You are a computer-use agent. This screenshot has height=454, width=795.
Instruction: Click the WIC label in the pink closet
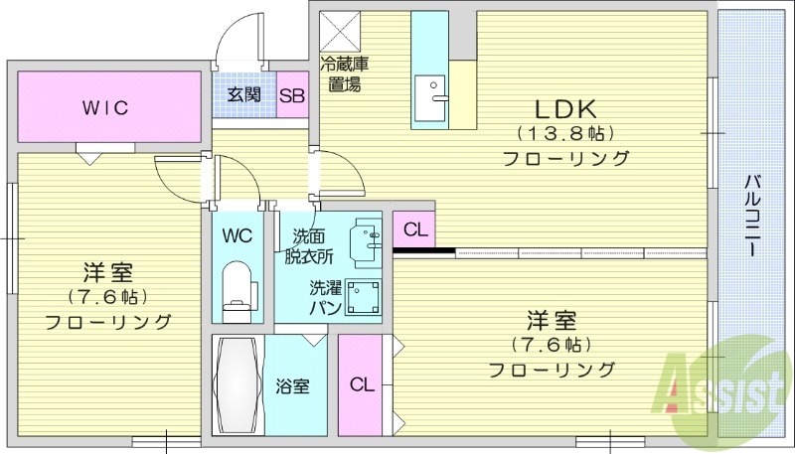click(105, 107)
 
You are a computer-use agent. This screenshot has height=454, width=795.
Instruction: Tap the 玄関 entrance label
click(243, 95)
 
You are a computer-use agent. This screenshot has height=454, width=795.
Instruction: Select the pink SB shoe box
click(291, 96)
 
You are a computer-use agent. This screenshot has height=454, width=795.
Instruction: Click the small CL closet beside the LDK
click(415, 230)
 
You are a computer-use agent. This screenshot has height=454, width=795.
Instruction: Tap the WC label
click(237, 235)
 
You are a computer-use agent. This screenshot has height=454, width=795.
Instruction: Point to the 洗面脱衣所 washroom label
click(308, 245)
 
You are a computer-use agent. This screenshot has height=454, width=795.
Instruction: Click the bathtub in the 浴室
click(238, 384)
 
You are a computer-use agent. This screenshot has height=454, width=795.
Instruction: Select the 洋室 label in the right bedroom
click(552, 321)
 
